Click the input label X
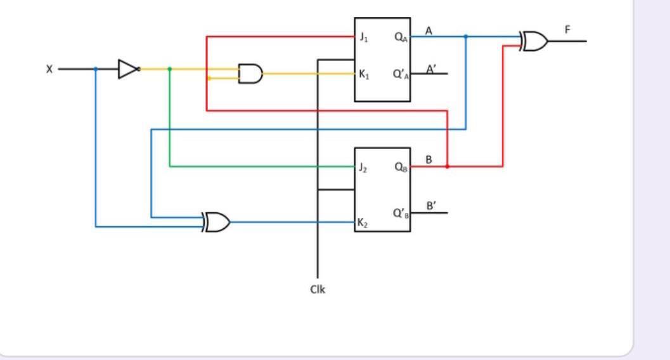coord(49,69)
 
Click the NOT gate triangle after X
coord(127,69)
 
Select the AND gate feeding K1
coord(250,74)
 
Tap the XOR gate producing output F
coord(535,41)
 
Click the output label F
coord(567,29)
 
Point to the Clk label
coord(318,290)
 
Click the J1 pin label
coord(363,37)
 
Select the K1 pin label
coord(363,75)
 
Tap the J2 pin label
coord(363,168)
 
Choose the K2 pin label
coord(363,223)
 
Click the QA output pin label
coord(401,37)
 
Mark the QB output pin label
coord(401,168)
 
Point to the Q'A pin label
coord(401,75)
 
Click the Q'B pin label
coord(401,214)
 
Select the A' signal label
coord(431,69)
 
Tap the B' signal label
coord(431,206)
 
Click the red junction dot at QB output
coord(448,167)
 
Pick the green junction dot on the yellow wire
coord(169,68)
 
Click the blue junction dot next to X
coord(96,69)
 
